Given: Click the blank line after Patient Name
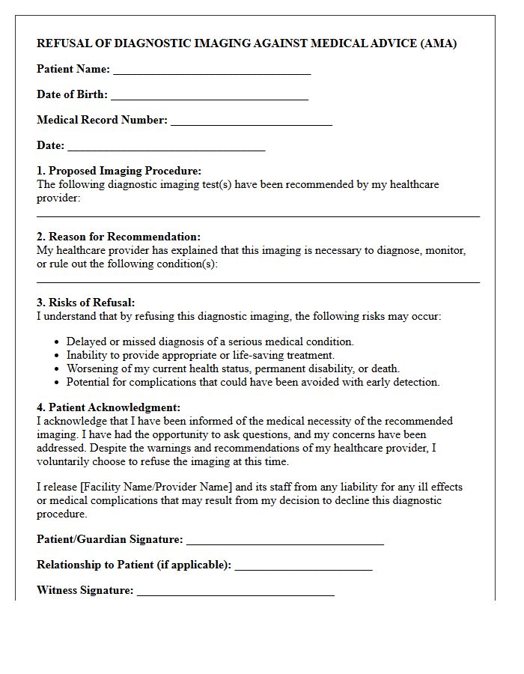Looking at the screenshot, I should (211, 70).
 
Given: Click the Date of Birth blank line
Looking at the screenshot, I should (209, 96).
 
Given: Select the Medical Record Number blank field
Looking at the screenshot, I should (251, 121).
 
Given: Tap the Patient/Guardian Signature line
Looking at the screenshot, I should (284, 541).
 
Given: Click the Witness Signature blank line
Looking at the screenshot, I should (235, 592).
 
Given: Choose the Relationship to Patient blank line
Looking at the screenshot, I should (303, 566).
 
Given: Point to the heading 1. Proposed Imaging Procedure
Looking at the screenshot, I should (119, 171).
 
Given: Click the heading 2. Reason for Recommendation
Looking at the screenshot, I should (118, 237).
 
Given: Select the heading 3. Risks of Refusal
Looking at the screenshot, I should (86, 303).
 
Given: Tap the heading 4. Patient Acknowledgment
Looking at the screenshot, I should (109, 407).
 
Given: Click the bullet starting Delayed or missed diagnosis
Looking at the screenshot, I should (210, 341).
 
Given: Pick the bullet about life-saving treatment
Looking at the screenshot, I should (200, 355).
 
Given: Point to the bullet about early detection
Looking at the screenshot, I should (252, 382).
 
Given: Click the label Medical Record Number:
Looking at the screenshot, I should (102, 120).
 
